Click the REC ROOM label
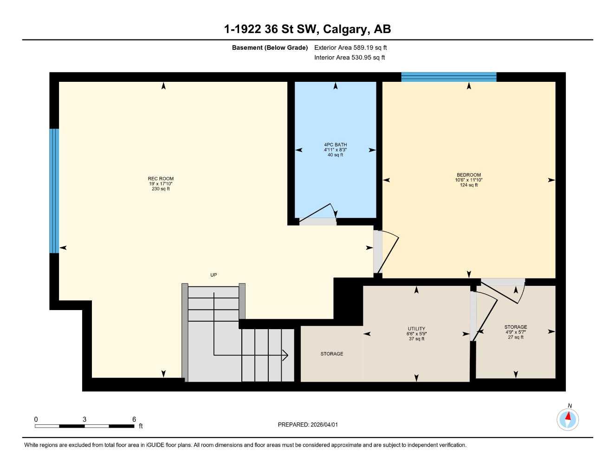point(161,179)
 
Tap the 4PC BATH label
point(335,145)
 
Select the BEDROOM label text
point(468,175)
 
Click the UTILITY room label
point(416,329)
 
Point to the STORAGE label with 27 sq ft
point(516,327)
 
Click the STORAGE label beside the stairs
point(332,354)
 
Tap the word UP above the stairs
point(214,275)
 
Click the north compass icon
point(568,419)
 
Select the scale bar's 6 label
point(134,419)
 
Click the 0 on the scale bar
point(36,419)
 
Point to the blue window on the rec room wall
point(54,191)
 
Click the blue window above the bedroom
point(448,77)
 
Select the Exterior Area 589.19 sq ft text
point(350,47)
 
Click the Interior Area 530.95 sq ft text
point(350,58)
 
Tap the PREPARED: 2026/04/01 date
point(308,425)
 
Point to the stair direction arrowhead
point(285,356)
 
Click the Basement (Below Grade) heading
point(270,47)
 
